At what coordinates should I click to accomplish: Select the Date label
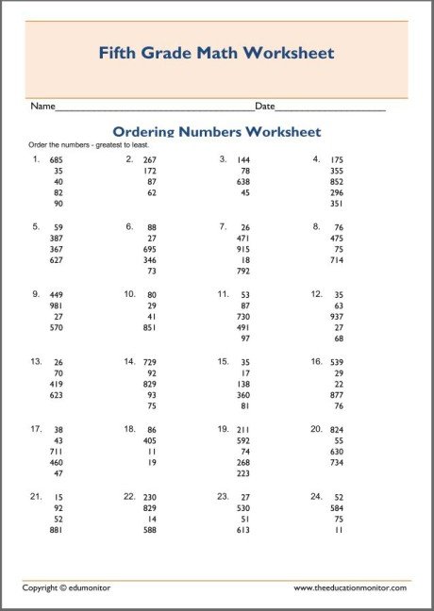pyautogui.click(x=264, y=107)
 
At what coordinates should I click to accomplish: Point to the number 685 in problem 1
pyautogui.click(x=57, y=160)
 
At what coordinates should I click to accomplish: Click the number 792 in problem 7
pyautogui.click(x=243, y=272)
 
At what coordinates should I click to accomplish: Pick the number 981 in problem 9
pyautogui.click(x=57, y=305)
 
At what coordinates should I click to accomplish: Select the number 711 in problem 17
pyautogui.click(x=57, y=452)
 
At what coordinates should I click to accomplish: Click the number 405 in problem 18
pyautogui.click(x=150, y=440)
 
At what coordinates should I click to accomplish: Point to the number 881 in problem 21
pyautogui.click(x=57, y=530)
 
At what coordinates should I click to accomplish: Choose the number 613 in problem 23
pyautogui.click(x=243, y=530)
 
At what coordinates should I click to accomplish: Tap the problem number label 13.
pyautogui.click(x=36, y=361)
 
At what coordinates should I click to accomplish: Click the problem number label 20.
pyautogui.click(x=316, y=429)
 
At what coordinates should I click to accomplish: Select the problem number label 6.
pyautogui.click(x=129, y=226)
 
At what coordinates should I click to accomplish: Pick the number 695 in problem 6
pyautogui.click(x=150, y=249)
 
